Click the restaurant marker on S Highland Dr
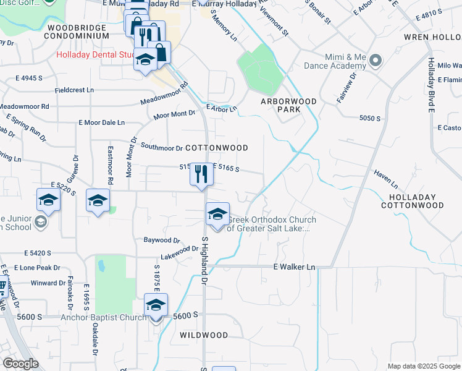point(201,174)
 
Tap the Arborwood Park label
point(288,105)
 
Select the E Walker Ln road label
point(294,267)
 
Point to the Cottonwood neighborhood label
point(217,148)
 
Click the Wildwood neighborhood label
point(204,335)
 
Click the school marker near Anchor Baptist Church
point(156,305)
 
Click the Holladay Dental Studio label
point(96,54)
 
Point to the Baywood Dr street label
point(161,240)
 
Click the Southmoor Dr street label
point(162,147)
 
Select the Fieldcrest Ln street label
point(74,90)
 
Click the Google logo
point(21,364)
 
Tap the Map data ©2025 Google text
point(423,366)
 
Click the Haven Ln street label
point(385,180)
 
